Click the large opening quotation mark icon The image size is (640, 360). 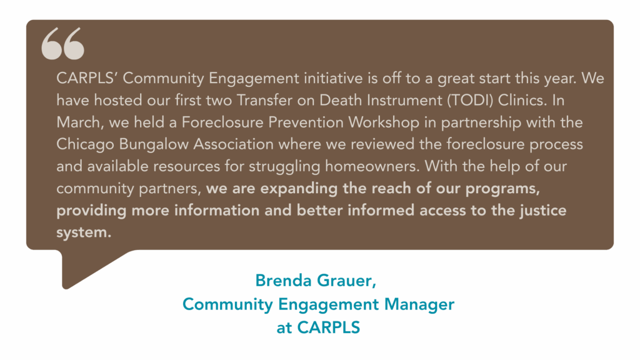click(63, 43)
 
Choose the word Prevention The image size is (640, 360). click(306, 122)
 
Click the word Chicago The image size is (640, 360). click(85, 144)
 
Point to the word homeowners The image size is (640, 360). click(372, 166)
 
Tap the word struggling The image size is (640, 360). click(284, 166)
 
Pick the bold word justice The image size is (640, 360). click(543, 211)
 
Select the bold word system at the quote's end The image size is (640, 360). click(84, 232)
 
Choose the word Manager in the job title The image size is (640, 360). click(419, 304)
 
